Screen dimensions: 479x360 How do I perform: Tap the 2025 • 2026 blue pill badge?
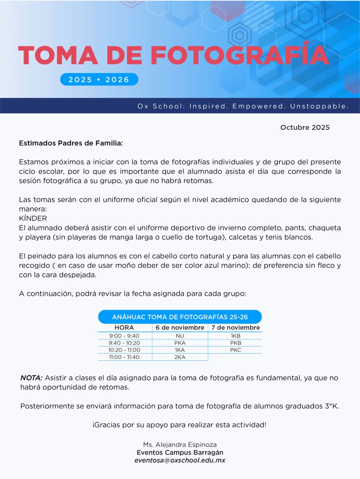coord(99,79)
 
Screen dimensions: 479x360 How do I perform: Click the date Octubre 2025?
coord(305,127)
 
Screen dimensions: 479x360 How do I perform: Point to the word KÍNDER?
coord(33,218)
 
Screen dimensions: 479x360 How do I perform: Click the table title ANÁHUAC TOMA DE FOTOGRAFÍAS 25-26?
coord(180,317)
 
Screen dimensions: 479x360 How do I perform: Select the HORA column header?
coord(124,328)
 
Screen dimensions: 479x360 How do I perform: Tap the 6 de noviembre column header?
coord(180,328)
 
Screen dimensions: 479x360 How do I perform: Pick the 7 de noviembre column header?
coord(235,328)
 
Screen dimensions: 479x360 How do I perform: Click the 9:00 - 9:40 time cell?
coord(124,336)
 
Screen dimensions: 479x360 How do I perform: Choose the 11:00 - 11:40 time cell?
coord(124,357)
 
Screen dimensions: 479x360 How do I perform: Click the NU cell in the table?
coord(180,336)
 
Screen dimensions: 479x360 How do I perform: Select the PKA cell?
coord(180,343)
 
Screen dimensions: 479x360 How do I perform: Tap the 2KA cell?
coord(180,357)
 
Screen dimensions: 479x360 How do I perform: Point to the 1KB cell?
coord(235,336)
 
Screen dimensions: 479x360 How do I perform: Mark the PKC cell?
coord(235,350)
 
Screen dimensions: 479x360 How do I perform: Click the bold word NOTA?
coord(31,378)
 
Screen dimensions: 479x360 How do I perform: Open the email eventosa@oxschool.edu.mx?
coord(180,460)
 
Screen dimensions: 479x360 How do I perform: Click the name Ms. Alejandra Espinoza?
coord(180,445)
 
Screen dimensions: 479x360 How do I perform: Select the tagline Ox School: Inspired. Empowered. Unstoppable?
coord(243,106)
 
